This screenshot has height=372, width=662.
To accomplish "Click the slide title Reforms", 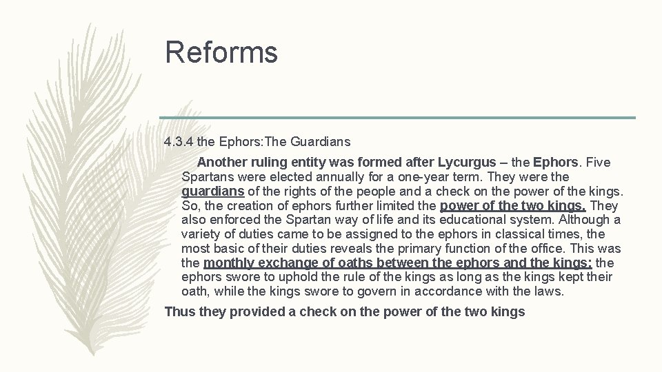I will click(221, 52).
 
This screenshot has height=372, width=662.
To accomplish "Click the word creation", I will click(249, 206).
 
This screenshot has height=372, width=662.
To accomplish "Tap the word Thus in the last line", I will click(180, 312).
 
